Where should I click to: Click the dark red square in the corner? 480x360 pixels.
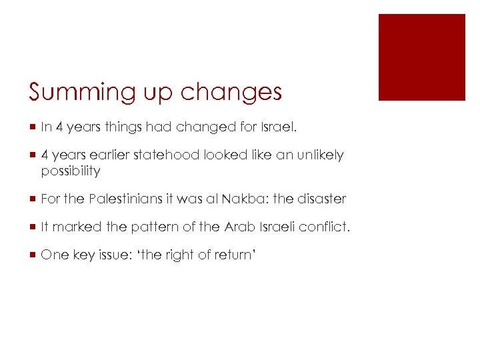pos(421,57)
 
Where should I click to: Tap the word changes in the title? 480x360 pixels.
pos(231,93)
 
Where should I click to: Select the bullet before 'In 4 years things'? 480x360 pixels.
pos(31,127)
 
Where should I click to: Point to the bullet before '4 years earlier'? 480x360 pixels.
pos(31,155)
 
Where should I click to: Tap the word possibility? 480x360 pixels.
pos(71,171)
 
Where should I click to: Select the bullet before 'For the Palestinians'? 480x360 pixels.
pos(31,199)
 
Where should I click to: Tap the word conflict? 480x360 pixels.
pos(324,227)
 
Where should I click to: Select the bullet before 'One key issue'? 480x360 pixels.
pos(31,255)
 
